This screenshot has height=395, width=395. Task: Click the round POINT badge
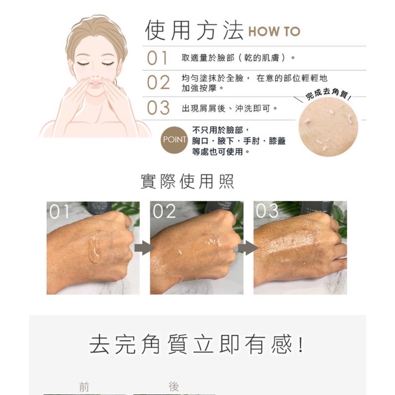tap(175, 140)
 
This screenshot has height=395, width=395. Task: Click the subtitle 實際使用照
tap(188, 182)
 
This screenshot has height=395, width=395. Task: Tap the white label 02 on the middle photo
tap(164, 212)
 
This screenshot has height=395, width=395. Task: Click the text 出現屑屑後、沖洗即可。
tap(229, 107)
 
